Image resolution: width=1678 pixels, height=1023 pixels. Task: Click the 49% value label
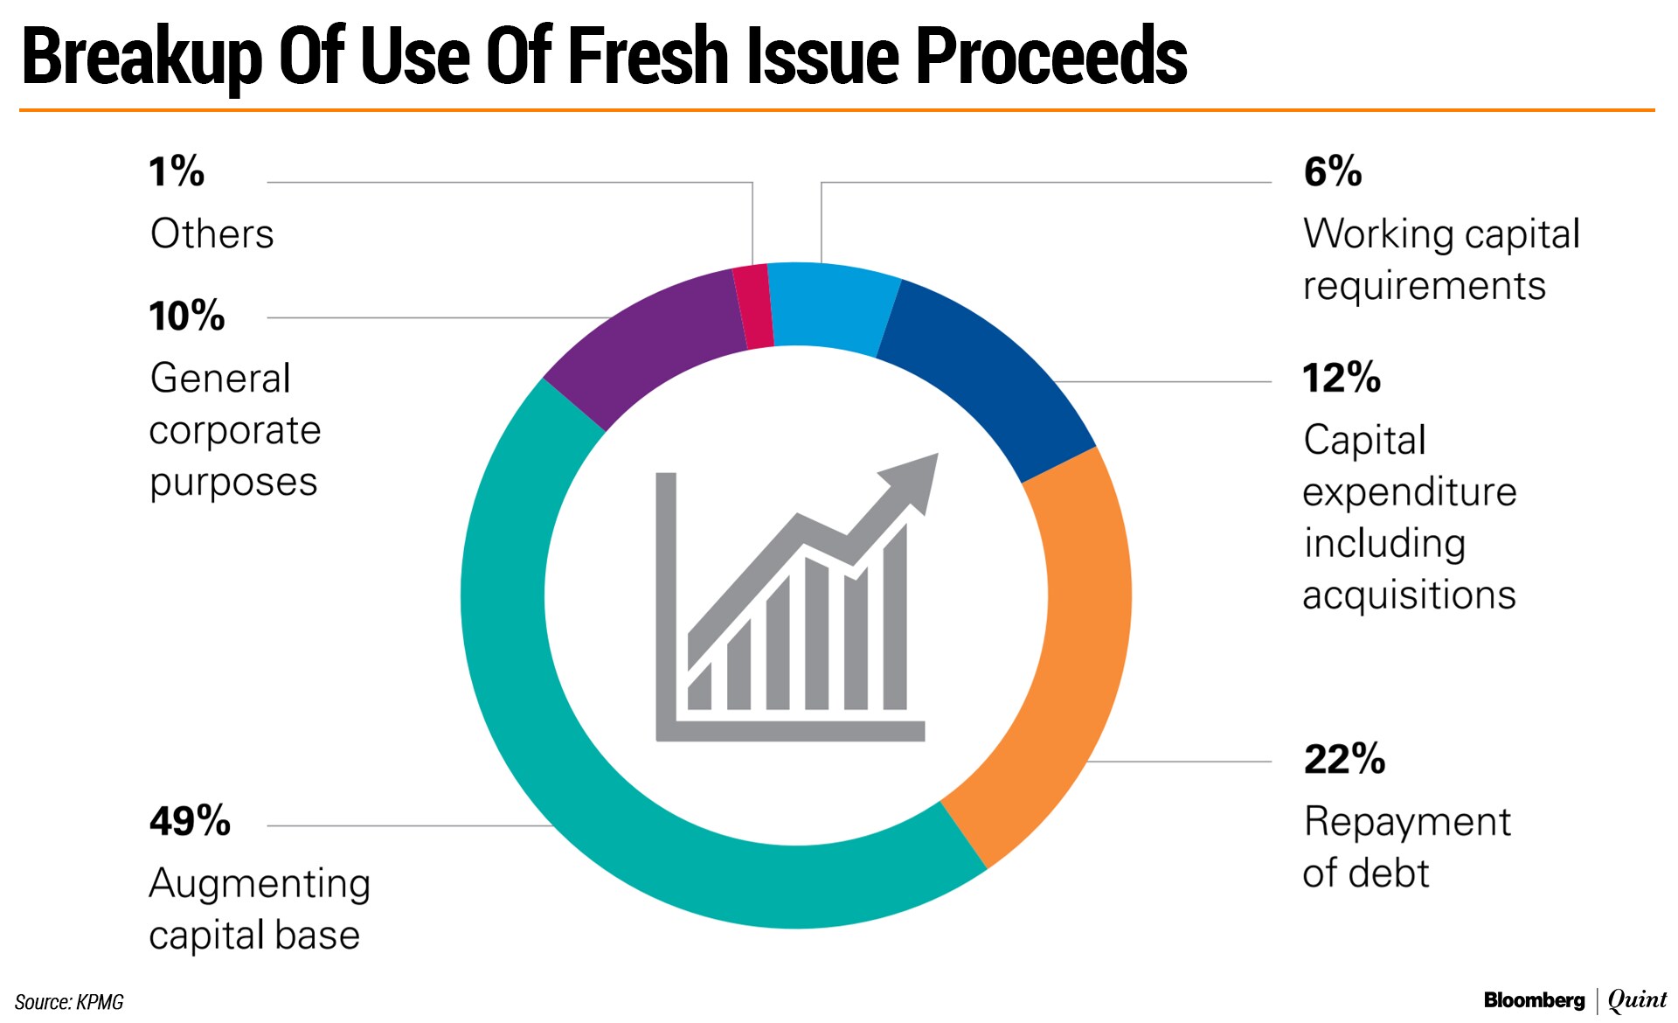point(190,821)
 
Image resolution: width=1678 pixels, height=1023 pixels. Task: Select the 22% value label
point(1344,759)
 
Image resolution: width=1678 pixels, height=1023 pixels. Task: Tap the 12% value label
point(1342,378)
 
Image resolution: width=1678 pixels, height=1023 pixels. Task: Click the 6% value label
point(1332,171)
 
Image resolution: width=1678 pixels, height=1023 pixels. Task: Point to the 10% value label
point(186,316)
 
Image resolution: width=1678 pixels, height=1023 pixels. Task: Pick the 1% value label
point(176,171)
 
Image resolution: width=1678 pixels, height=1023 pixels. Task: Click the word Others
point(211,234)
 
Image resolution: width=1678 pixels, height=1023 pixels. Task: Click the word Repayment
point(1407,823)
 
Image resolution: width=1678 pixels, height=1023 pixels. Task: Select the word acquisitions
point(1409,595)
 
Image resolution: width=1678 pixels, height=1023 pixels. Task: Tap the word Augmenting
point(260,884)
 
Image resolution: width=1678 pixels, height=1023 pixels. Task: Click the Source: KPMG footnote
point(69,1002)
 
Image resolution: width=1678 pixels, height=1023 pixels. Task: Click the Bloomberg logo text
point(1534,1000)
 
